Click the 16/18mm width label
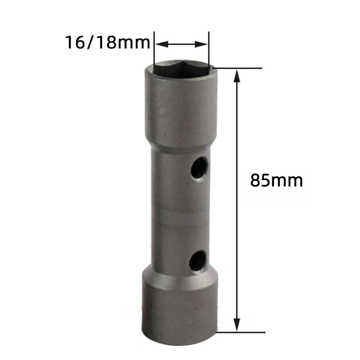click(107, 44)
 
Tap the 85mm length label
click(277, 180)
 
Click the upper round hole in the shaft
click(199, 168)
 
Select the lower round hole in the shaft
click(198, 261)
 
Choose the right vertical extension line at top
click(208, 50)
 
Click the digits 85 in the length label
click(260, 180)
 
